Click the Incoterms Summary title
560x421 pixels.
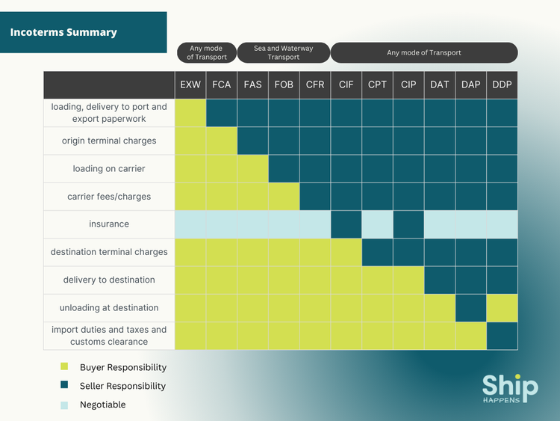[x=63, y=32]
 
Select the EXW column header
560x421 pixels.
[x=190, y=84]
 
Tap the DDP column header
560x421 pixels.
[x=502, y=84]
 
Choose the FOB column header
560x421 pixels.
[x=284, y=84]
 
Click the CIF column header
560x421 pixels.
[x=346, y=84]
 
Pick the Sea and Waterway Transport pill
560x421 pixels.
[x=284, y=53]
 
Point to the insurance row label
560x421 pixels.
[x=109, y=224]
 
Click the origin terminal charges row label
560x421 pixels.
[x=109, y=141]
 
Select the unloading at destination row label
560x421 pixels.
[x=109, y=307]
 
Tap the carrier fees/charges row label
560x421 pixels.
[x=109, y=197]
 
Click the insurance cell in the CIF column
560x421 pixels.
[x=346, y=224]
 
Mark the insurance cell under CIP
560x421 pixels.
[x=408, y=224]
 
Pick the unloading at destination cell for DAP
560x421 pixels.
[x=470, y=307]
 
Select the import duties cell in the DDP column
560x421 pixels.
[x=502, y=336]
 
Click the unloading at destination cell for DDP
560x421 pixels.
[x=502, y=307]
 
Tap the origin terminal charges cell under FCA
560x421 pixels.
[x=222, y=141]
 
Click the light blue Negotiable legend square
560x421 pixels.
[x=64, y=405]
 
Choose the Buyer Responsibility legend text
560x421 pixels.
[x=123, y=367]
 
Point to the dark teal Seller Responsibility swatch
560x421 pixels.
[x=64, y=386]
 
